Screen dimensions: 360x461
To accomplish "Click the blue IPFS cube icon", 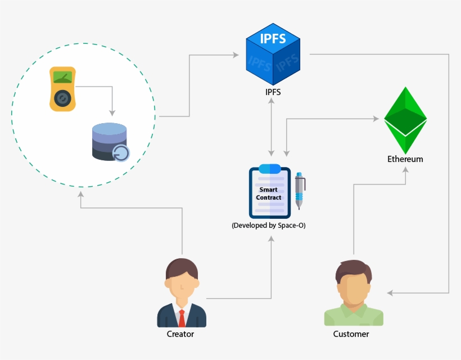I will coord(273,54).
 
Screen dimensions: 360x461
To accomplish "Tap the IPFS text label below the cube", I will coord(273,91).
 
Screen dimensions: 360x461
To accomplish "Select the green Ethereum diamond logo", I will coord(405,120).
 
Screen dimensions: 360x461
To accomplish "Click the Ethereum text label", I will coord(405,159).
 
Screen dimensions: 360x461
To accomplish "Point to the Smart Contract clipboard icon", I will coord(269,192).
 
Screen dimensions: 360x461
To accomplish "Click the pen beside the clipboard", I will coord(300,191).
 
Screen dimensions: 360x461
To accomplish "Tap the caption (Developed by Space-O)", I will coord(269,225).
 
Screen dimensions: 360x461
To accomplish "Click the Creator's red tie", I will coord(182,318).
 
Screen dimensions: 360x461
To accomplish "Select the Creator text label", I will coord(180,334).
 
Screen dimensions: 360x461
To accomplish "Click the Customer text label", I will coord(351,334).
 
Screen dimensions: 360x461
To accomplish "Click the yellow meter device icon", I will coord(62,89).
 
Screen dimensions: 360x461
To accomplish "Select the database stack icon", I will coord(110,141).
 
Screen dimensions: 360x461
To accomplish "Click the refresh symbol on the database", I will coord(121,152).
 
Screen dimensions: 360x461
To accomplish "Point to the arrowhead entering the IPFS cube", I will coord(235,55).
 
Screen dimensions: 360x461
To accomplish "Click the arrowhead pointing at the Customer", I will coord(391,293).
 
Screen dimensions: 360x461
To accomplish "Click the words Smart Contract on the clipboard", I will coord(269,193).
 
